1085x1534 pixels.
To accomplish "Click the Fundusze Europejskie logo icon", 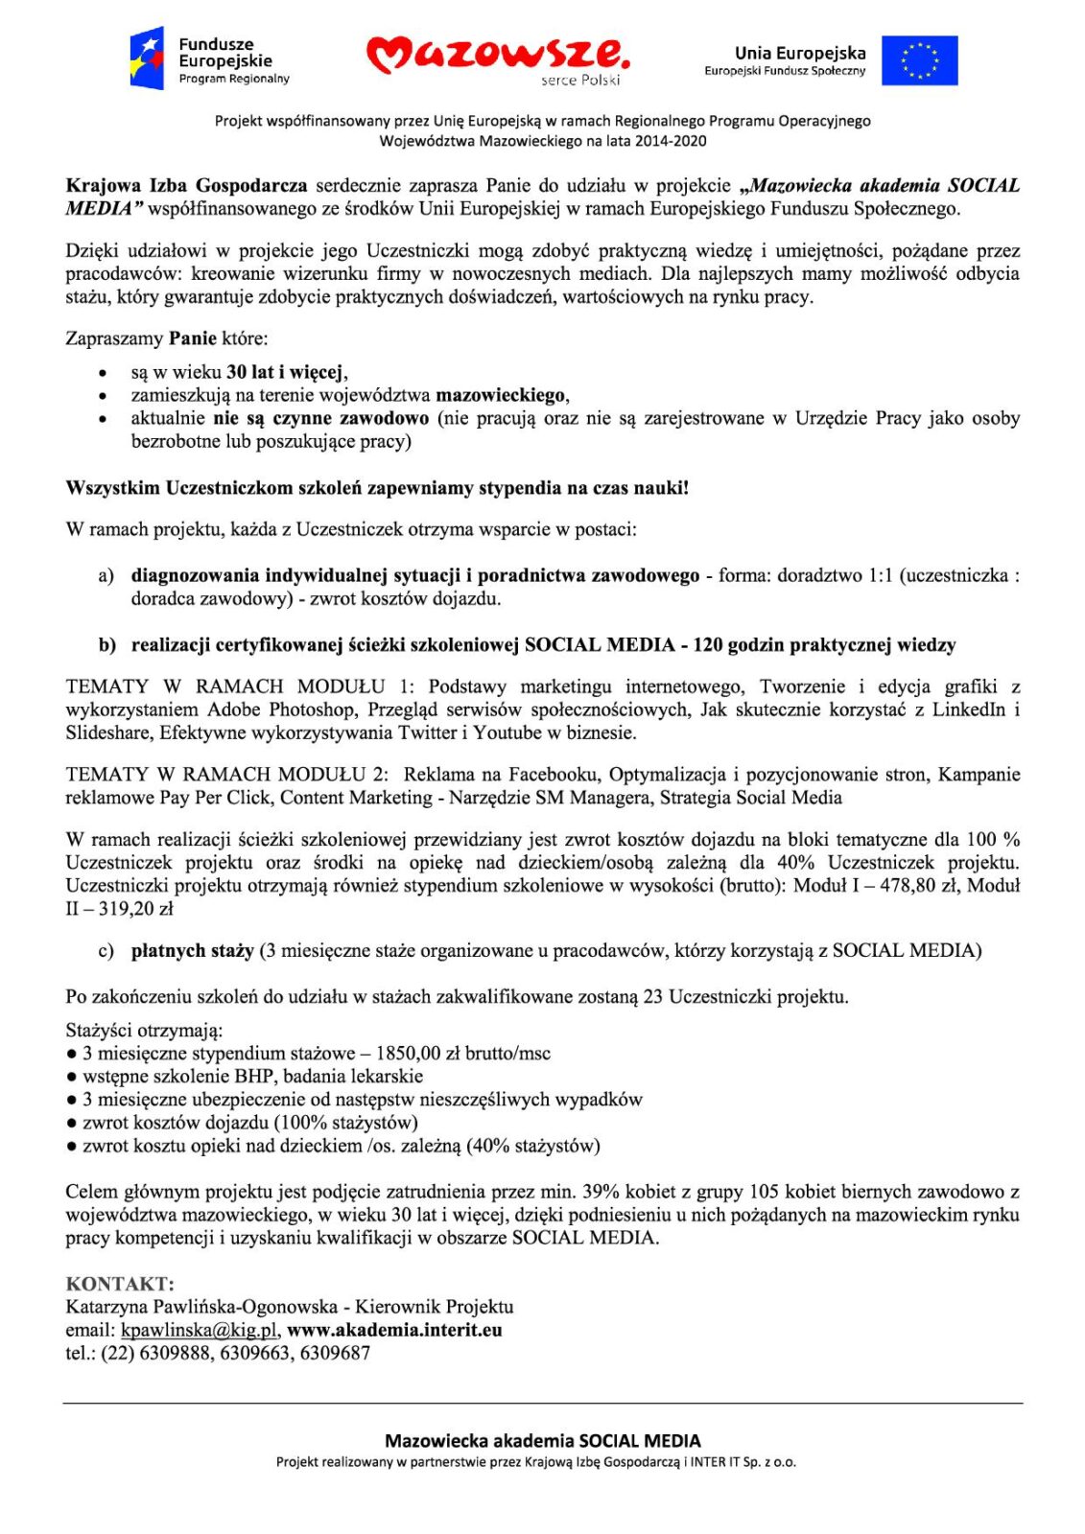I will (x=147, y=58).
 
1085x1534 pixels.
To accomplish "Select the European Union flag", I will (x=919, y=60).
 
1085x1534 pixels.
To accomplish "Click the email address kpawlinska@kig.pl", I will (x=200, y=1330).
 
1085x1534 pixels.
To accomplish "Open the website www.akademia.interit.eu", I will (x=394, y=1330).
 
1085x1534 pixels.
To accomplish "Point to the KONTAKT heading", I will (x=120, y=1284).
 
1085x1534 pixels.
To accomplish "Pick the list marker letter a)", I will (x=106, y=576).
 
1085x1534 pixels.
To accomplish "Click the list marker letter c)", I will (x=106, y=951).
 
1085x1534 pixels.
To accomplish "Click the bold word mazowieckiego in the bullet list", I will (x=500, y=395).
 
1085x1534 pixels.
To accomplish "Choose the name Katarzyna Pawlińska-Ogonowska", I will (x=201, y=1307).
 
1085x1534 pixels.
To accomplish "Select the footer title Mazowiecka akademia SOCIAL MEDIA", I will (x=542, y=1441).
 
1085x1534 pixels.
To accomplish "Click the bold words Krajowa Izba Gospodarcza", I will (x=186, y=186).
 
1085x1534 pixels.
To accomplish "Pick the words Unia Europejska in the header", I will (x=800, y=54).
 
